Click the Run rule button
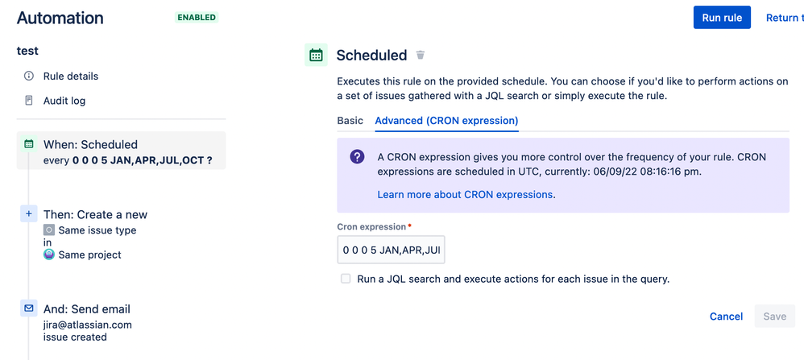722,18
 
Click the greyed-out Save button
774,317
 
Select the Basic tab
350,121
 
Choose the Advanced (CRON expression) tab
446,121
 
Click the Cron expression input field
391,250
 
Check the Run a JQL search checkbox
346,279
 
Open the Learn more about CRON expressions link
465,195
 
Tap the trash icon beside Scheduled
421,55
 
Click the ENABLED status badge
197,18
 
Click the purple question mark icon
357,156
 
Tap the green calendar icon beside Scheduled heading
316,55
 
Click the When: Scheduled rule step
121,151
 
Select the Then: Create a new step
95,214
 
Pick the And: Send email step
87,309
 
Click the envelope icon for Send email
29,308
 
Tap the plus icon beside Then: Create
29,214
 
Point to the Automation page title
60,18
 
